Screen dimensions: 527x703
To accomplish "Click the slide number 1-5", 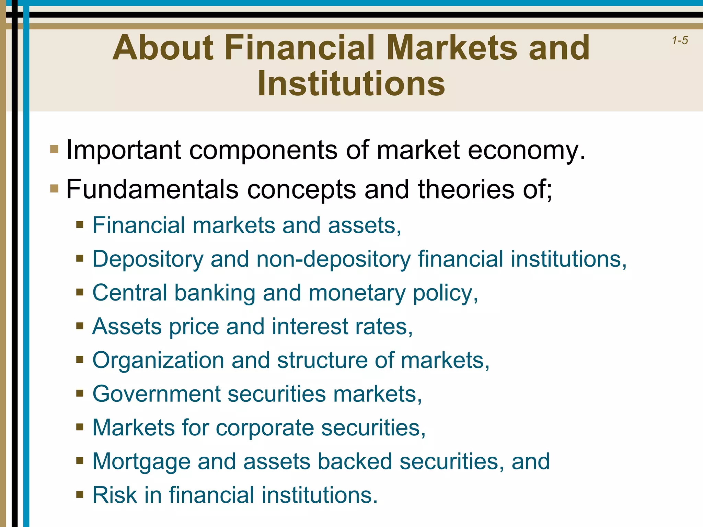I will click(x=680, y=40).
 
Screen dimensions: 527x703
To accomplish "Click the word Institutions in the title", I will click(x=351, y=84).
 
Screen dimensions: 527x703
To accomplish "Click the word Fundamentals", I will click(x=152, y=189).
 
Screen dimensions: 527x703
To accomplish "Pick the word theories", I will click(x=466, y=189).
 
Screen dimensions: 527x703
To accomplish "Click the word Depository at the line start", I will click(x=148, y=259).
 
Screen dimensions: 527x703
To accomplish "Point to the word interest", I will click(x=310, y=326).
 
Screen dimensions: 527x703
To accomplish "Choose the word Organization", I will click(x=158, y=360).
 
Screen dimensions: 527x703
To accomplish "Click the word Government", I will click(x=156, y=394).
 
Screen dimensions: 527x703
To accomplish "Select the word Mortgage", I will click(x=141, y=461).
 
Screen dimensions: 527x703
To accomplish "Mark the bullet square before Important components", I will click(x=54, y=149).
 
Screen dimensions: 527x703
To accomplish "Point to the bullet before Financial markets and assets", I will click(x=80, y=225).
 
